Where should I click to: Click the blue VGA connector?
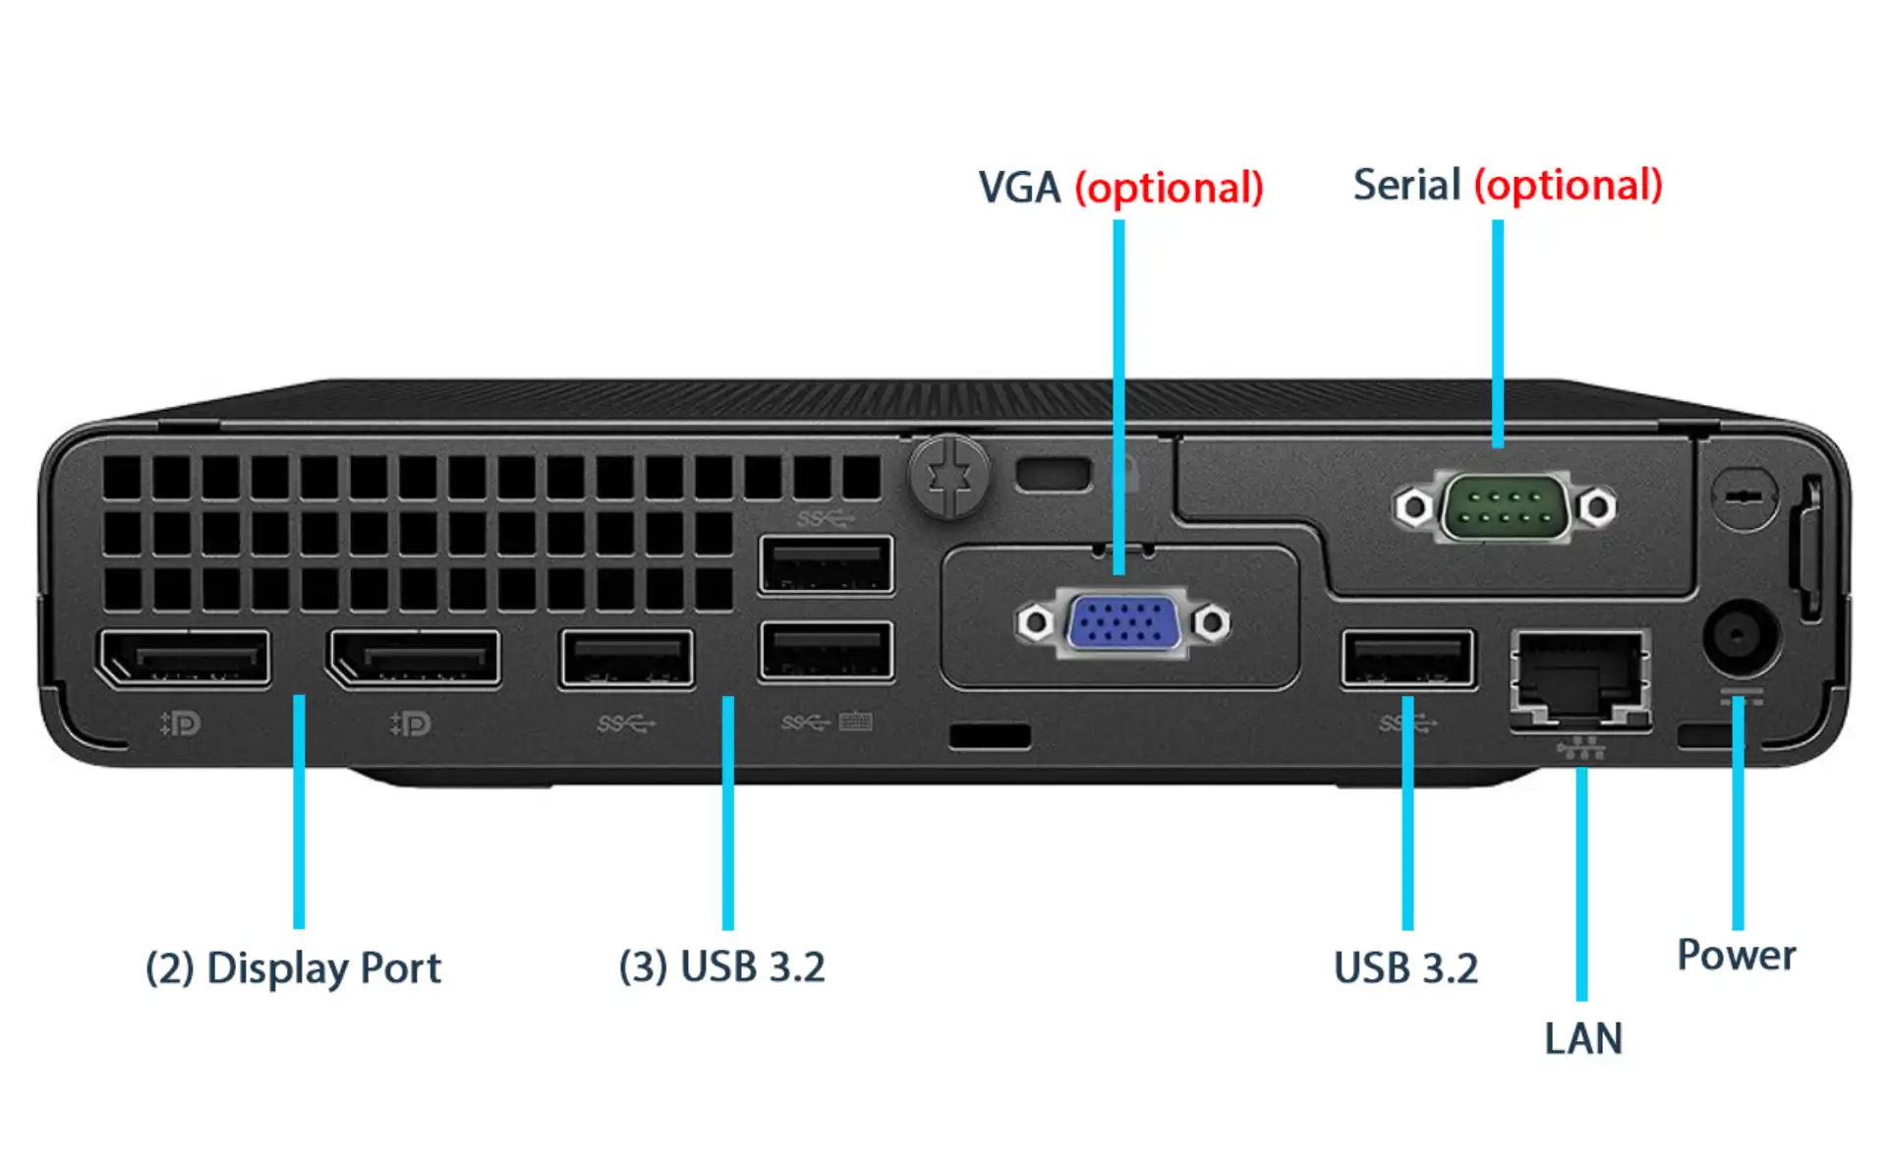tap(1122, 623)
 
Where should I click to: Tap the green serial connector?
tap(1504, 507)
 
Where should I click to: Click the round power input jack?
tap(1740, 637)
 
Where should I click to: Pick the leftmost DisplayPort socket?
tap(184, 658)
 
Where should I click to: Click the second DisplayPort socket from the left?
tap(414, 658)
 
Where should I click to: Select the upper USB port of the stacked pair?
tap(826, 564)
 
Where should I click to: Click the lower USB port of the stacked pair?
tap(826, 650)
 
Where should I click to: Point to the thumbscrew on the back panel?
tap(948, 477)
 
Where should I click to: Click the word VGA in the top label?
tap(1019, 188)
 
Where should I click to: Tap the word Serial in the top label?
tap(1406, 185)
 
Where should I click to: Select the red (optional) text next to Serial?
tap(1568, 186)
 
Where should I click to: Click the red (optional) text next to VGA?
tap(1169, 188)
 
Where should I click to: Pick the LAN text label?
tap(1582, 1038)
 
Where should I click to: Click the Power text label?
tap(1736, 955)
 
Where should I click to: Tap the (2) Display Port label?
tap(293, 968)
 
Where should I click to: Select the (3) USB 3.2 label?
tap(721, 966)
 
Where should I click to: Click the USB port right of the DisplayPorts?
tap(626, 658)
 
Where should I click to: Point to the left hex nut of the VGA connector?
tap(1034, 622)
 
